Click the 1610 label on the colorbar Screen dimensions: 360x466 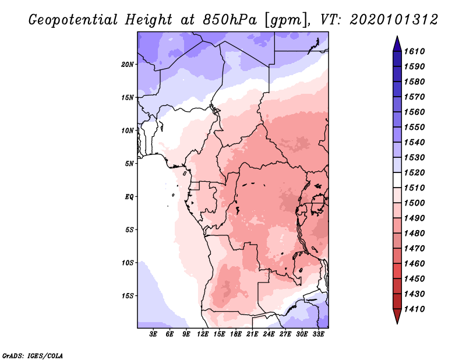[x=416, y=51]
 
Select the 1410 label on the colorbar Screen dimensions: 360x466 [x=416, y=309]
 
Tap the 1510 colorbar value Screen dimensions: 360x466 [x=416, y=188]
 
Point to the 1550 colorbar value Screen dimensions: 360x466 [x=416, y=127]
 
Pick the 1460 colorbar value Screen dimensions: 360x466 [x=416, y=263]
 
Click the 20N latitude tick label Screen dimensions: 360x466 [x=128, y=64]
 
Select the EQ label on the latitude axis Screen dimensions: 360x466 [x=129, y=196]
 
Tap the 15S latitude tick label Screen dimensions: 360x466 [x=128, y=295]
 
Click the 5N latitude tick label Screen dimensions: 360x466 [x=129, y=163]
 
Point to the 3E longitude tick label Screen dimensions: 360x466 [x=154, y=334]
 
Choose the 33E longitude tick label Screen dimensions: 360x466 [x=319, y=334]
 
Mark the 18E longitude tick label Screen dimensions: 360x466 [x=236, y=334]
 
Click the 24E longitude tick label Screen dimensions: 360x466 [x=269, y=334]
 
